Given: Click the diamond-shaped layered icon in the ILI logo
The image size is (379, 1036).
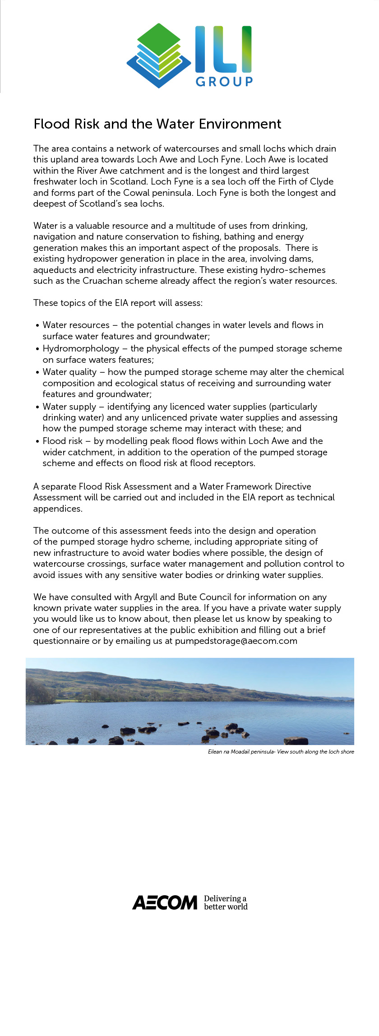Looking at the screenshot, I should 159,55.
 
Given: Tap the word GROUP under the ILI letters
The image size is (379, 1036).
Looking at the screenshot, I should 224,81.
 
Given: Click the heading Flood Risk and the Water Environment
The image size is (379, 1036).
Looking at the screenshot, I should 157,124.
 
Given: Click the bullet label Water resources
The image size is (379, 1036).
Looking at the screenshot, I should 76,325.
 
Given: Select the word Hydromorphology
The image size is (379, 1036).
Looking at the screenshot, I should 81,348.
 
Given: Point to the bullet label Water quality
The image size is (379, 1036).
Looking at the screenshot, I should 69,372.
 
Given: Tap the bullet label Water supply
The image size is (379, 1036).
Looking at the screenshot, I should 69,407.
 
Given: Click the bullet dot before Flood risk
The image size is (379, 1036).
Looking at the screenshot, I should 37,441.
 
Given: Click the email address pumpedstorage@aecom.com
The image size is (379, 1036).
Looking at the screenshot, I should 236,641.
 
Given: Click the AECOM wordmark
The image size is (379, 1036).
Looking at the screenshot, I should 165,902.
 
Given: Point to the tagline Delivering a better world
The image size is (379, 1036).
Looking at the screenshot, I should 226,902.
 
